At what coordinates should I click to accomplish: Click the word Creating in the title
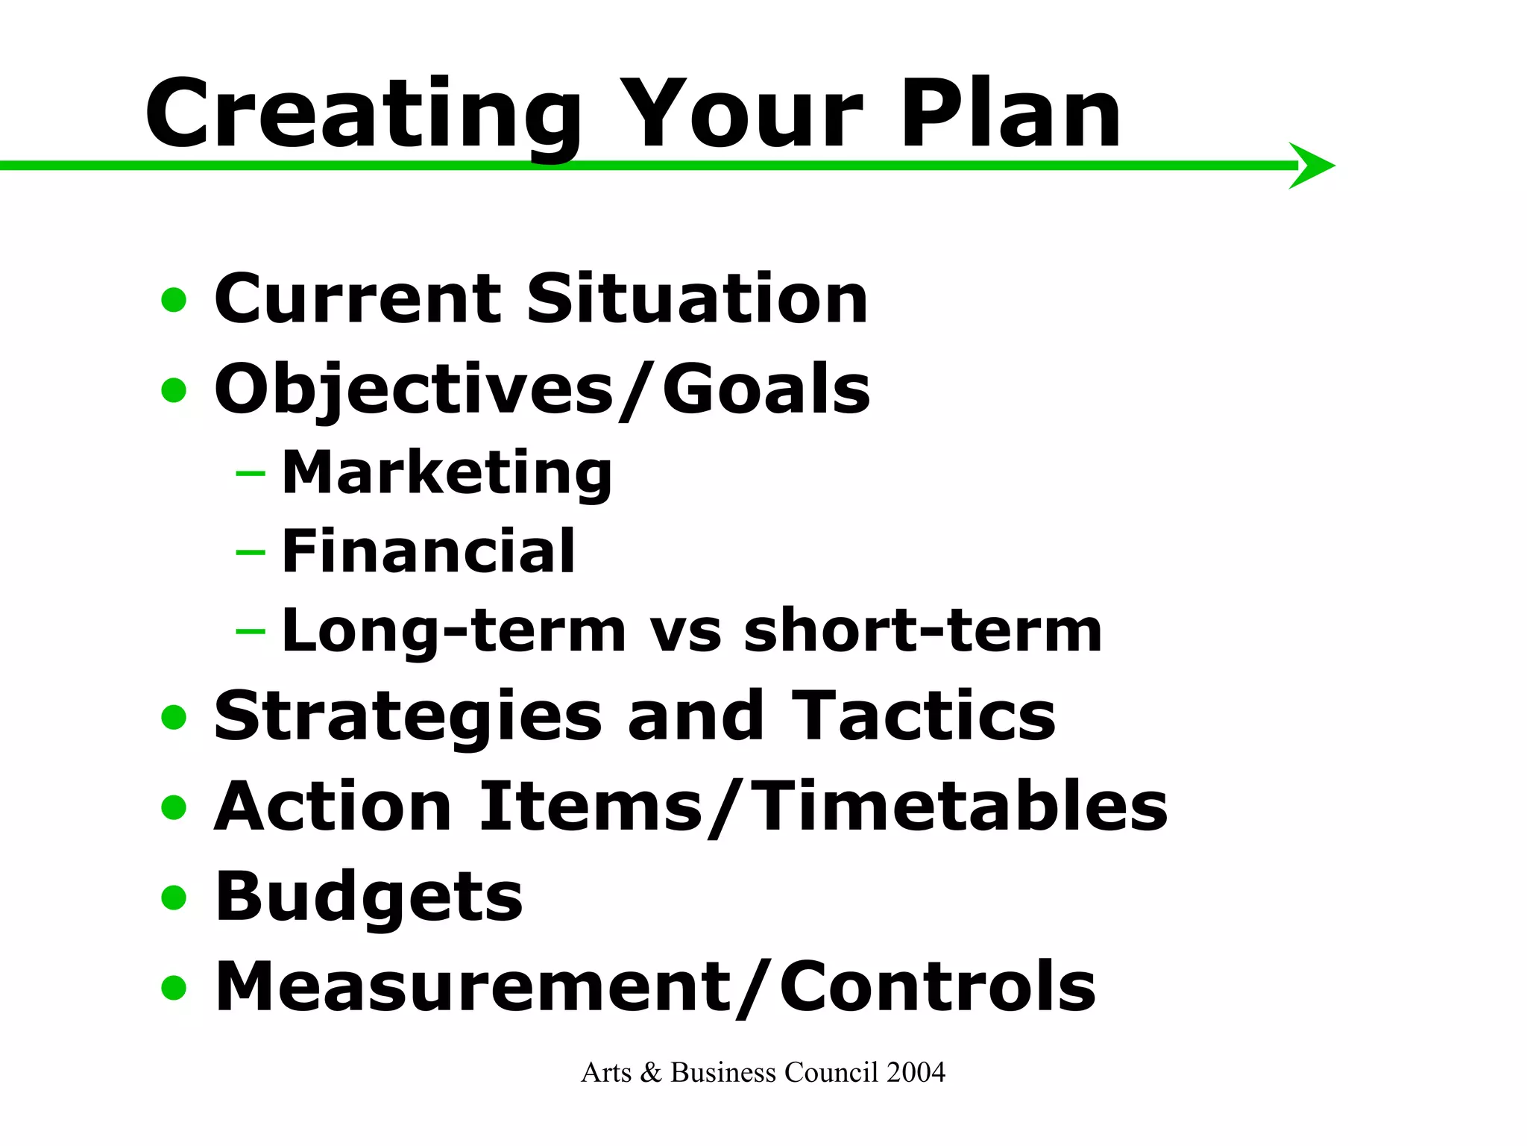click(363, 116)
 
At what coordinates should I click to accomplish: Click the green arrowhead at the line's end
click(1312, 166)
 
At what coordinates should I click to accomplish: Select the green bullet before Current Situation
click(174, 301)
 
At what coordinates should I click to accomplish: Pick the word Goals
click(766, 389)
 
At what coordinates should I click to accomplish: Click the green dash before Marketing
click(250, 473)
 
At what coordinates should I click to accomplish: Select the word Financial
click(428, 551)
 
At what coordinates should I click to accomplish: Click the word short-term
click(922, 630)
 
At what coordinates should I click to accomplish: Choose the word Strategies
click(407, 716)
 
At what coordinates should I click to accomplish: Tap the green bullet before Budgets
click(174, 898)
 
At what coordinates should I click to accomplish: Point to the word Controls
click(937, 986)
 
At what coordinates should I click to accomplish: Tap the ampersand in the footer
click(651, 1073)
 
